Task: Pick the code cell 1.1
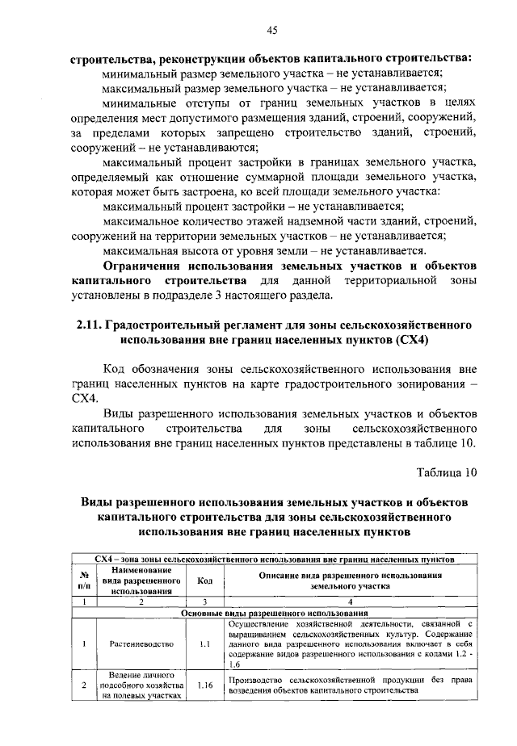tap(204, 644)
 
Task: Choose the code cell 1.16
tap(204, 685)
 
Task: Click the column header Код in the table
tap(204, 580)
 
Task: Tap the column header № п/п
tap(83, 580)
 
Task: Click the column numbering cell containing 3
tap(204, 601)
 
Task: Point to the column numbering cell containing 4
tap(350, 601)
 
